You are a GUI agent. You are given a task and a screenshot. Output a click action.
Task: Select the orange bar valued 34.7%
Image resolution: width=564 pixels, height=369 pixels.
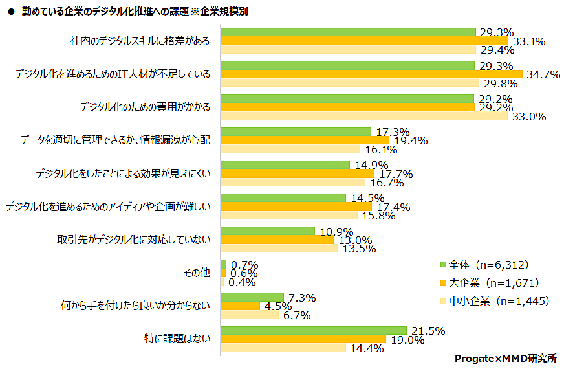(x=371, y=74)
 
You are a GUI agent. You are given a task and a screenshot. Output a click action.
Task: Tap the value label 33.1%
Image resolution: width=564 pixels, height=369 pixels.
(x=528, y=41)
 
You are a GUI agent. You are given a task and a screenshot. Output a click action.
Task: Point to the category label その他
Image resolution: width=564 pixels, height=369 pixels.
(x=197, y=273)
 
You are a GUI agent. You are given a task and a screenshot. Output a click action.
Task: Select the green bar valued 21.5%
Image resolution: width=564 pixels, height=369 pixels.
(x=314, y=330)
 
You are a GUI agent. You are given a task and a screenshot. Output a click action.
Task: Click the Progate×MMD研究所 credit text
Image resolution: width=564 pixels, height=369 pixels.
(x=505, y=358)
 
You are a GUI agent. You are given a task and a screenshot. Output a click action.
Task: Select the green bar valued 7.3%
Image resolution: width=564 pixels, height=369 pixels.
(x=252, y=297)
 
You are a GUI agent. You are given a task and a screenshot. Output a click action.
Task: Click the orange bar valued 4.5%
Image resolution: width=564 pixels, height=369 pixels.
(x=240, y=306)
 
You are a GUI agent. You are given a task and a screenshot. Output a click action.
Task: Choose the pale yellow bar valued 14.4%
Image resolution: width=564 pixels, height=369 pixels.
(x=283, y=348)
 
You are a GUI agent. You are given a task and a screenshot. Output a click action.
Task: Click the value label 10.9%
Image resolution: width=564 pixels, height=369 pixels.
(x=336, y=231)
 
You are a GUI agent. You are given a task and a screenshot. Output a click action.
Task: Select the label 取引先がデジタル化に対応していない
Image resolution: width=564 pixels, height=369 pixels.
(x=135, y=240)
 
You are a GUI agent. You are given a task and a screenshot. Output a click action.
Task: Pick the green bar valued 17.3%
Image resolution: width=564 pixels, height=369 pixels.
(x=296, y=131)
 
